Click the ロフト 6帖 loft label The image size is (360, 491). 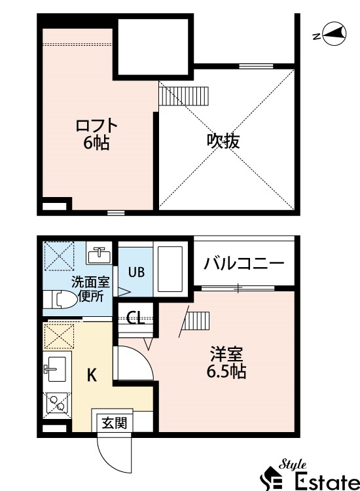[x=96, y=134]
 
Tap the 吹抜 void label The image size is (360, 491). [x=223, y=141]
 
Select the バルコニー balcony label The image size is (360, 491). [x=244, y=264]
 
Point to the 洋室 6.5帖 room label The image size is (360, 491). [x=226, y=363]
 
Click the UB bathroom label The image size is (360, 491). [x=136, y=272]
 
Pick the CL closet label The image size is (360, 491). [x=135, y=318]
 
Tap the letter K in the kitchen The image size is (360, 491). [x=92, y=374]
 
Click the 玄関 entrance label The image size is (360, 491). [x=115, y=423]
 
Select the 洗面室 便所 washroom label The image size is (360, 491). [x=91, y=289]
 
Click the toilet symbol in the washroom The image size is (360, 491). [x=60, y=299]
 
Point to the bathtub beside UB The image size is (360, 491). [x=170, y=269]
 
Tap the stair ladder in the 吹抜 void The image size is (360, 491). [x=183, y=96]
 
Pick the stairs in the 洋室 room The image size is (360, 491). [x=196, y=321]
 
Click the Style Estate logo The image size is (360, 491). [x=310, y=475]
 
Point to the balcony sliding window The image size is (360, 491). [x=238, y=288]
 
